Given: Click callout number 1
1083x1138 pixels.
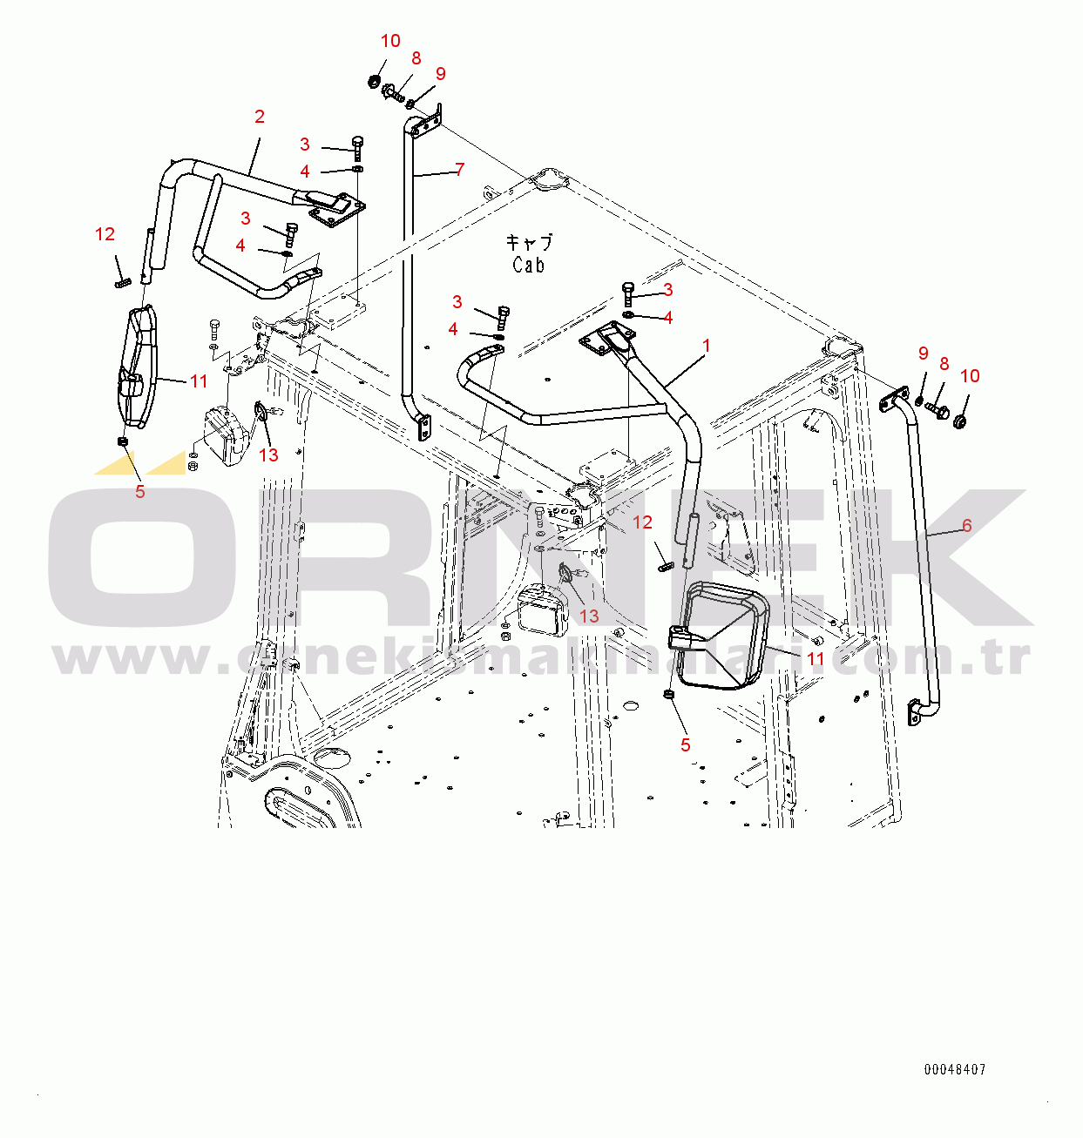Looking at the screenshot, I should tap(706, 346).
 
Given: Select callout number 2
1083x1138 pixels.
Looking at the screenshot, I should tap(259, 117).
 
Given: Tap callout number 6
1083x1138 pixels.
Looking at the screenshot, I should tap(966, 525).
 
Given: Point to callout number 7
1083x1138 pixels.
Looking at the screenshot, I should tap(459, 170).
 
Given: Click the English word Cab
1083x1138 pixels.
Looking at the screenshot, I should tap(528, 265).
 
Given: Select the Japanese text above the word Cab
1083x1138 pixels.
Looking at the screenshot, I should tap(529, 242).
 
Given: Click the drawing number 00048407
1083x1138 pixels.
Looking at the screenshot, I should tap(955, 1069).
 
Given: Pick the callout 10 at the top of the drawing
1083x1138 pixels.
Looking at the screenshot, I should tap(390, 41).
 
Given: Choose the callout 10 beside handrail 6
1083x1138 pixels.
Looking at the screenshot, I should tap(970, 376).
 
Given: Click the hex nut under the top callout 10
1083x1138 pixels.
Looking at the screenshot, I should tap(375, 82).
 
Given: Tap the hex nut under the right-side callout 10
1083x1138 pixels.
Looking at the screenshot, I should tap(959, 422).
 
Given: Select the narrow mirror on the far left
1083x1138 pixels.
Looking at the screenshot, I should tap(138, 366).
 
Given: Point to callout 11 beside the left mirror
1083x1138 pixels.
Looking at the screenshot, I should tap(199, 380).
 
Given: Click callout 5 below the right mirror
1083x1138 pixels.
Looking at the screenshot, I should tap(685, 744).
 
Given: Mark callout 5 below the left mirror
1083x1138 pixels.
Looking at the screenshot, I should tap(139, 492).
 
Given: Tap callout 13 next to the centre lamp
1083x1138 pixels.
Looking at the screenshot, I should tap(589, 616).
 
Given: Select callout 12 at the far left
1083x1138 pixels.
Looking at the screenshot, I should tap(105, 234).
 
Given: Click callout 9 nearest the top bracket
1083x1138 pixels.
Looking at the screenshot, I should tap(440, 74).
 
